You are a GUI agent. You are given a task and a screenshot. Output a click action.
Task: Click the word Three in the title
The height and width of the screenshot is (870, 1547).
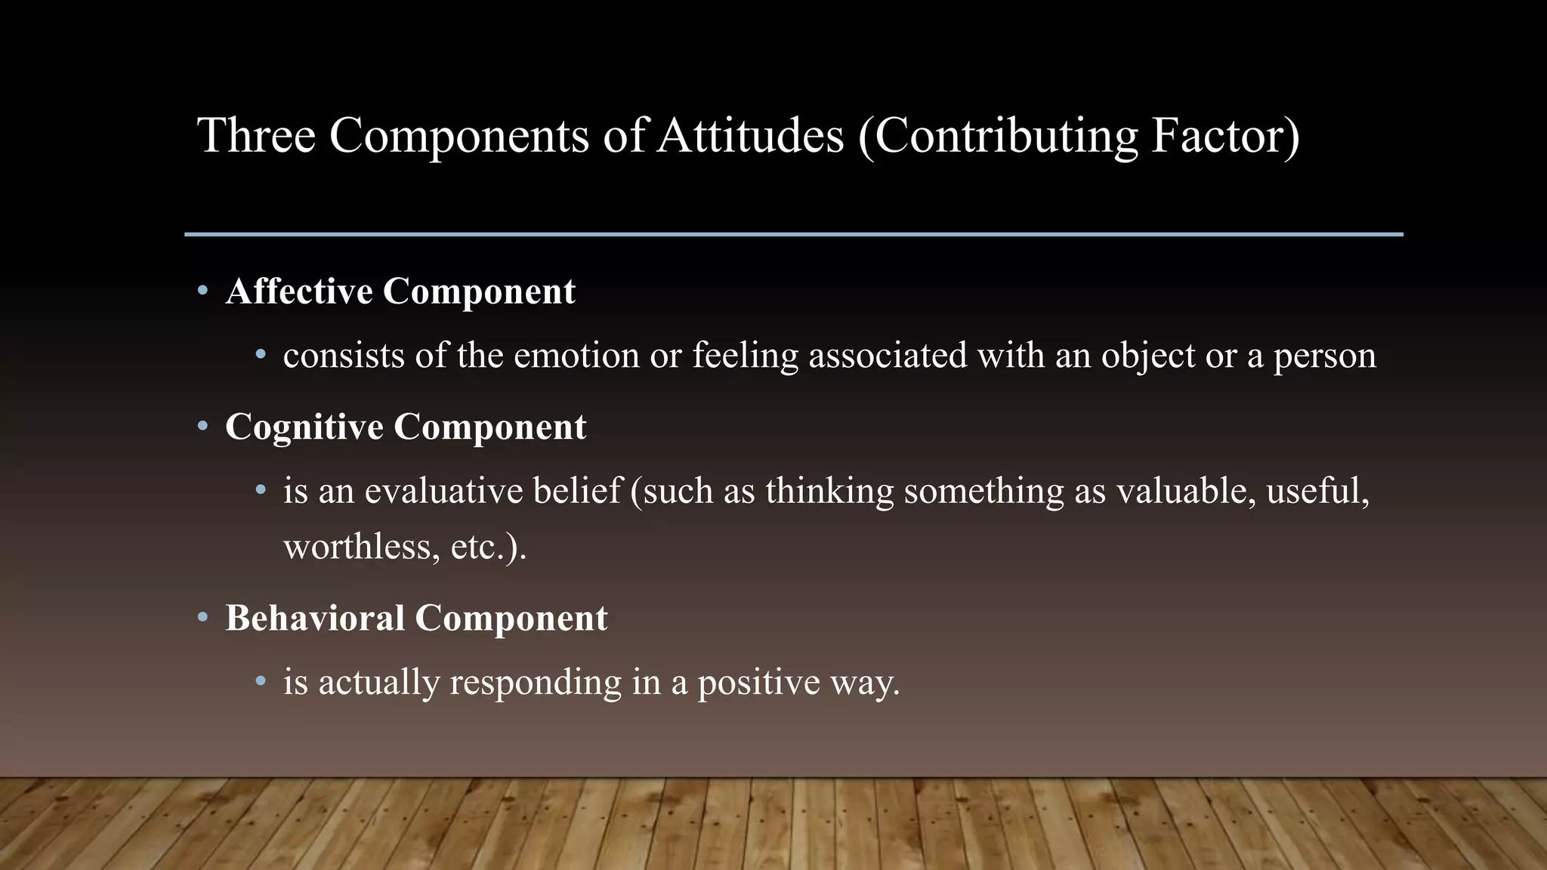point(256,136)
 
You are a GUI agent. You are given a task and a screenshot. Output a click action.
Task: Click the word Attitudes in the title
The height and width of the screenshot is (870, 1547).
point(749,136)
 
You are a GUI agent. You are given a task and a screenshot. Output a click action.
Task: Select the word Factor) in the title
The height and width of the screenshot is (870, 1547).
point(1225,136)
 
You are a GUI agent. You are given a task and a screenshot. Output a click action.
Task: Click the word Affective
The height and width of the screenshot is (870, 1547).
point(299,292)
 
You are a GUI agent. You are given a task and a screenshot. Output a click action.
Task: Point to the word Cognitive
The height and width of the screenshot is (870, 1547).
point(304,427)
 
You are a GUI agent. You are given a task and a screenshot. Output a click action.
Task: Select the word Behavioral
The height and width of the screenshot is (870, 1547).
point(315,619)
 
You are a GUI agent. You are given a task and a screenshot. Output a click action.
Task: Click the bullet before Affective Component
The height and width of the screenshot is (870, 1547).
point(202,291)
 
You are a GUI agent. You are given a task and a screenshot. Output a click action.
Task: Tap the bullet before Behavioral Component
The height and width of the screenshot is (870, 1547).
point(202,618)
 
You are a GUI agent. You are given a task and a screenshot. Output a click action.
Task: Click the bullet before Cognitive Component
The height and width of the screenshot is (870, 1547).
point(202,427)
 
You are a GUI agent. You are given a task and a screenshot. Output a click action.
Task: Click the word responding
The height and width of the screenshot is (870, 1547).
point(536,683)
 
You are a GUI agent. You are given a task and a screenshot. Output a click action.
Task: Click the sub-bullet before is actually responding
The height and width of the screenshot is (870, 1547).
point(261,682)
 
